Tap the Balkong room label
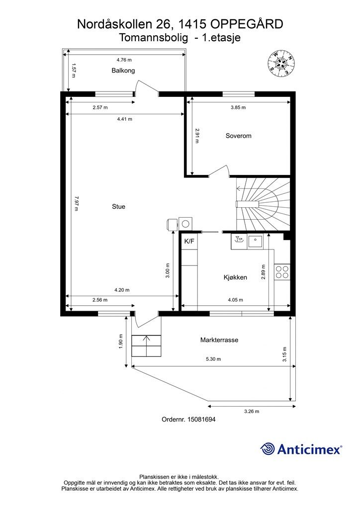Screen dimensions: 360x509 click(123, 71)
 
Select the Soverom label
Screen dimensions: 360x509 click(238, 136)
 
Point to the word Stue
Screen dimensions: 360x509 click(118, 206)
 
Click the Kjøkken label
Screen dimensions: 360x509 click(235, 277)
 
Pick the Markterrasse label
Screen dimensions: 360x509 click(219, 340)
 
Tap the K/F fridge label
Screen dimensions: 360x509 click(189, 241)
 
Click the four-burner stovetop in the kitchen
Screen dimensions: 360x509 click(282, 272)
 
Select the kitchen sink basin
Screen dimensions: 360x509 click(256, 242)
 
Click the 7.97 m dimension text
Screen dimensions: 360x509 click(76, 203)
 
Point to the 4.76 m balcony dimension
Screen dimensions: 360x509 click(124, 60)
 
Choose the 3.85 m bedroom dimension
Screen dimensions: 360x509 click(238, 107)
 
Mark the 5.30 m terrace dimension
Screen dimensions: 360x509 click(213, 359)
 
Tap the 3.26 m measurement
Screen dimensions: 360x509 click(252, 411)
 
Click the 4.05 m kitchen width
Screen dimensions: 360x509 click(235, 300)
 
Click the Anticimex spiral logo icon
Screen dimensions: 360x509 click(268, 449)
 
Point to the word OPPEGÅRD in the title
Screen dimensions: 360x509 click(247, 24)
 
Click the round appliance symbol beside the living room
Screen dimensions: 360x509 click(185, 224)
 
